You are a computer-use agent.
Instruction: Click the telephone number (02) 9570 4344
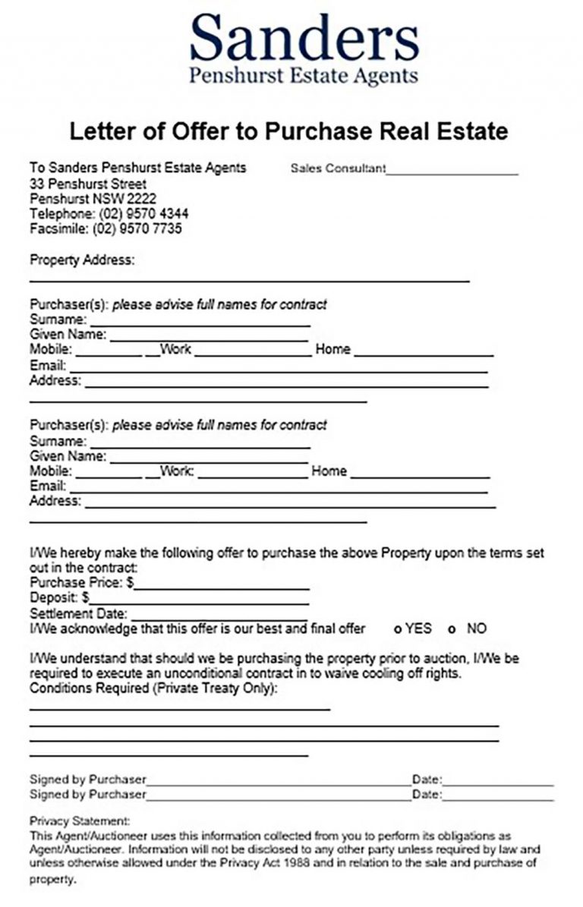coord(143,214)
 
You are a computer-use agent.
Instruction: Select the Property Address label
coord(82,260)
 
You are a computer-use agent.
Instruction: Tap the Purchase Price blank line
coord(222,587)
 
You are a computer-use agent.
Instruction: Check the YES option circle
coord(398,629)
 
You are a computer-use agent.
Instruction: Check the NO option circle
coord(452,629)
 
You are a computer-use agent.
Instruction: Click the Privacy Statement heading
coord(80,821)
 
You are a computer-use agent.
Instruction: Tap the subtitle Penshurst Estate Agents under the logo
coord(304,76)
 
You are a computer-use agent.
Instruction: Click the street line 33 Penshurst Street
coord(88,184)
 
